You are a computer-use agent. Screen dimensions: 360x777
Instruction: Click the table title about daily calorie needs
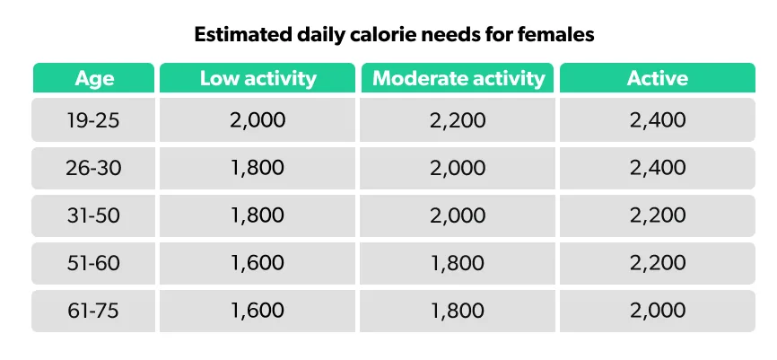(x=388, y=36)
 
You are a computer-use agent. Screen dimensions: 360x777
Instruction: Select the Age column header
(x=94, y=78)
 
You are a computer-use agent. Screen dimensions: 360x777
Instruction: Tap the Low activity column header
(x=258, y=78)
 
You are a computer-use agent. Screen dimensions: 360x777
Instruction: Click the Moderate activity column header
(x=458, y=78)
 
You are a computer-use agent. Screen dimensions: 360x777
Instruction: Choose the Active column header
(x=658, y=78)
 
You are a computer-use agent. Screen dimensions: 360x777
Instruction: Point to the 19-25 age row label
(x=94, y=120)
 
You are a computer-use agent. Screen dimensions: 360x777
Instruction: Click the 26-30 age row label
(x=94, y=168)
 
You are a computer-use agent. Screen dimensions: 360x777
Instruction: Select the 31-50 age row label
(x=94, y=215)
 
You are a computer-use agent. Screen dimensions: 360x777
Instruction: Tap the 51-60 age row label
(x=94, y=263)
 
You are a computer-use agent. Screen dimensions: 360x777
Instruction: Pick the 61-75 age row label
(x=94, y=311)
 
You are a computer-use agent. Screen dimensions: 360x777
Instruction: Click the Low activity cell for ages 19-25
(x=258, y=120)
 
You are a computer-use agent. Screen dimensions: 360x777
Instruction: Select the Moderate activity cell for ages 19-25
(x=458, y=120)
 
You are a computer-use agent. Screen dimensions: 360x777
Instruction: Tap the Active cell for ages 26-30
(x=658, y=168)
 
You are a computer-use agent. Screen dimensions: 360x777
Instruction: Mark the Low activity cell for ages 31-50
(x=258, y=215)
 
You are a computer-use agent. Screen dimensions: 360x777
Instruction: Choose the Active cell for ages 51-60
(x=658, y=263)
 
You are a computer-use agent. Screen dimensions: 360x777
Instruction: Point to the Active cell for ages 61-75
(x=658, y=311)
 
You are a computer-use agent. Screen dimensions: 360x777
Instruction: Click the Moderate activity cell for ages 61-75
(x=458, y=311)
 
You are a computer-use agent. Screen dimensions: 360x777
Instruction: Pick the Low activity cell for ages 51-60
(x=258, y=263)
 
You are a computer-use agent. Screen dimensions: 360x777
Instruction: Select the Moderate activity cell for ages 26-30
(x=458, y=168)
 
